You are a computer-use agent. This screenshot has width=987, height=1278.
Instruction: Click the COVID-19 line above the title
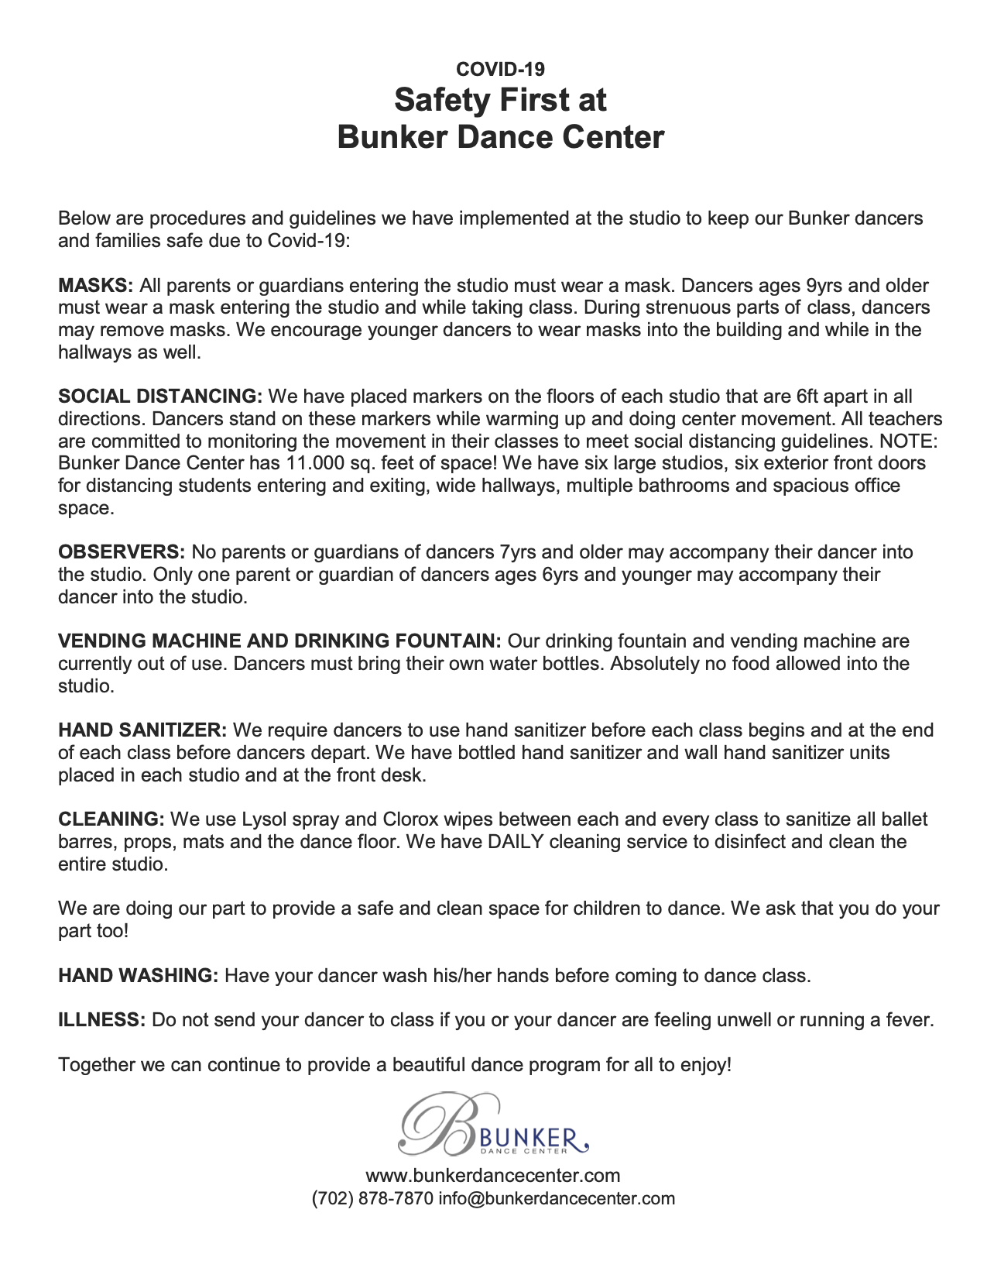pos(500,69)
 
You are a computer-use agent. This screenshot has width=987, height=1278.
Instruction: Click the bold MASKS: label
pos(96,285)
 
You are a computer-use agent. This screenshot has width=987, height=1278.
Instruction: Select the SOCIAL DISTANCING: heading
pos(161,397)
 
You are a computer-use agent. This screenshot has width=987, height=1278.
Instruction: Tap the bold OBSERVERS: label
pos(122,552)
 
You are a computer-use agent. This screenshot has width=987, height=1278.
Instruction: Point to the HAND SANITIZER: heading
pos(142,730)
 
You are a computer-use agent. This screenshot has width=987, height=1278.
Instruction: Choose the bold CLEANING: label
pos(111,819)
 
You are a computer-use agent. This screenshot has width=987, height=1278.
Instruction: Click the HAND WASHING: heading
pos(139,975)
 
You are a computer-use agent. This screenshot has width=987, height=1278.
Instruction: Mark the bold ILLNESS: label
pos(102,1020)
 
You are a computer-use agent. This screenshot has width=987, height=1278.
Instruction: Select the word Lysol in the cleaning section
pos(265,819)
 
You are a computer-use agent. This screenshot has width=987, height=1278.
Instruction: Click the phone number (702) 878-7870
pos(372,1198)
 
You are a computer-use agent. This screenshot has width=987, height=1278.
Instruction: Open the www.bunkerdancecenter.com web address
pos(493,1176)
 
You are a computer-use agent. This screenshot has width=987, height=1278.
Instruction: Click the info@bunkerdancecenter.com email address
pos(557,1198)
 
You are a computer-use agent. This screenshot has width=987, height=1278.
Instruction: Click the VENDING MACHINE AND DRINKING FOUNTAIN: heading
pos(280,641)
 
